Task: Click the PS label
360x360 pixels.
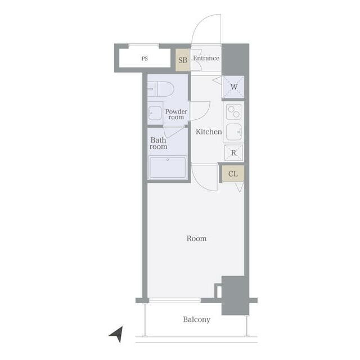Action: click(x=145, y=58)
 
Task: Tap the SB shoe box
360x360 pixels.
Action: click(x=183, y=60)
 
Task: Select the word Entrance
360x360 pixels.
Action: click(x=206, y=58)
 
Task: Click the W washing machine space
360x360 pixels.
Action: click(x=233, y=87)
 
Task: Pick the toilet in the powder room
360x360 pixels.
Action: click(x=160, y=89)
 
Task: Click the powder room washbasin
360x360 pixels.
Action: click(x=155, y=113)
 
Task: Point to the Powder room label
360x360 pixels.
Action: click(x=176, y=114)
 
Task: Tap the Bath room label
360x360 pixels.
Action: click(x=158, y=143)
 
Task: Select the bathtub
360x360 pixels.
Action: click(x=168, y=168)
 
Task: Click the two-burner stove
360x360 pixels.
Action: click(x=234, y=111)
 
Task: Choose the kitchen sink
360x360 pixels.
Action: click(x=234, y=132)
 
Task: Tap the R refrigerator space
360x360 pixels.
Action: click(x=234, y=152)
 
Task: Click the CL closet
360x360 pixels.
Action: click(x=233, y=174)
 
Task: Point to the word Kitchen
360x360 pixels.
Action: click(x=209, y=132)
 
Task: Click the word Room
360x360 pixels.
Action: click(x=196, y=238)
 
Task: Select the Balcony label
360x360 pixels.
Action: click(x=197, y=319)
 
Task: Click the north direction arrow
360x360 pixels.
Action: click(x=117, y=334)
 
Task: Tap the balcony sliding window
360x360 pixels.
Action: click(x=175, y=300)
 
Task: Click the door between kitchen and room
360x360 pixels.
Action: click(x=204, y=177)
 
